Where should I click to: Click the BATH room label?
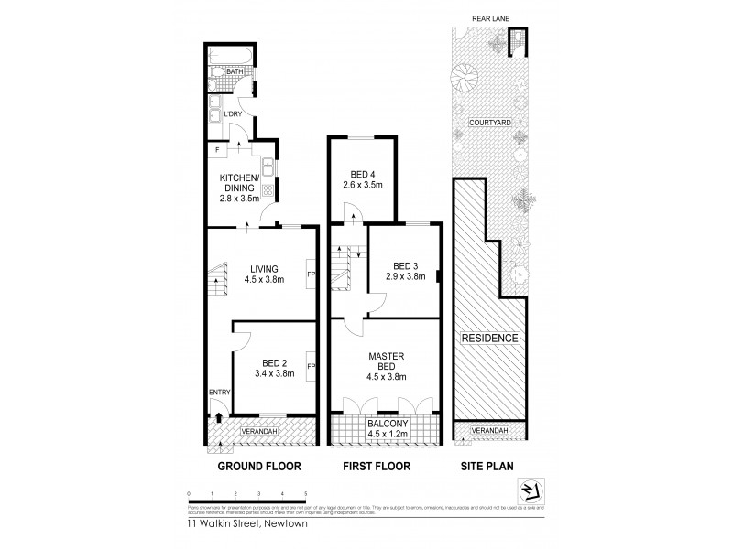tap(235, 71)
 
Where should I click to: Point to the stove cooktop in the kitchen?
tap(268, 191)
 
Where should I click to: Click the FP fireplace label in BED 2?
tap(312, 367)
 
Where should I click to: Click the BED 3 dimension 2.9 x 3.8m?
tap(405, 274)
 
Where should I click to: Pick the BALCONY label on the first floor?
tap(385, 423)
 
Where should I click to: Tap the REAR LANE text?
tap(489, 16)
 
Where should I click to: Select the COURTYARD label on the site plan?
tap(489, 122)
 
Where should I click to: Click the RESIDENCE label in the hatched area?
tap(489, 338)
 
